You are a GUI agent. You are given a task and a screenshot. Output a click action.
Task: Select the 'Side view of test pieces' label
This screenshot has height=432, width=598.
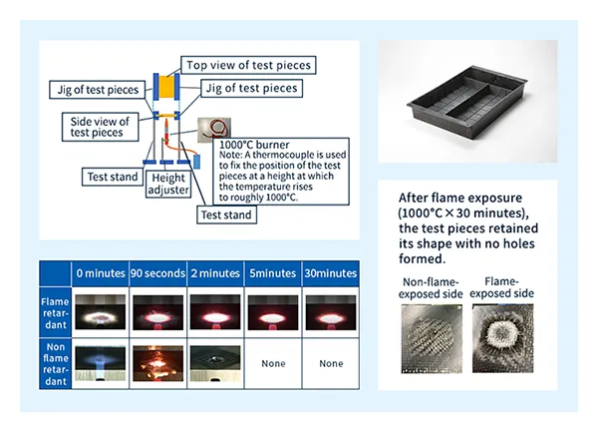pos(95,127)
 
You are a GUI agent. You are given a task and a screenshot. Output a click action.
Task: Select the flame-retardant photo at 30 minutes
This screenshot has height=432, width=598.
pos(332,312)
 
